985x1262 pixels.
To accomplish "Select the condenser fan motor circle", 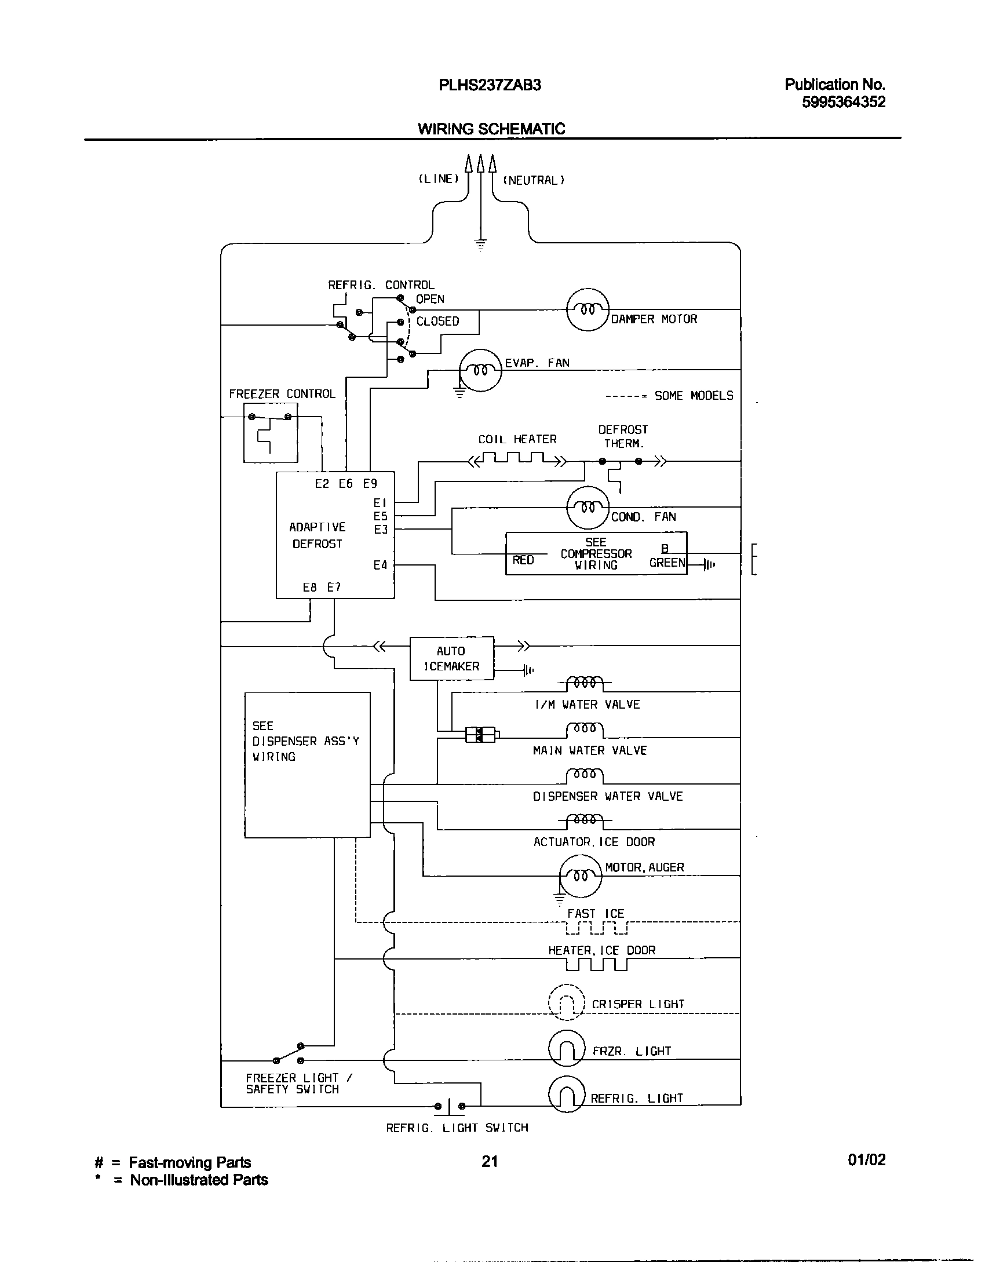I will coord(588,507).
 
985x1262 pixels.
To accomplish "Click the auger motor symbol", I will coord(581,876).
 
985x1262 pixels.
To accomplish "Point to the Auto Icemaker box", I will coord(451,658).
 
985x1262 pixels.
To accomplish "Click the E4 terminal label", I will coord(380,565).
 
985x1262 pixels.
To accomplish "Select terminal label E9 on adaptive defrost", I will coord(370,484).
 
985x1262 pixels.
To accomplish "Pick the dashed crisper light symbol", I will coord(567,1003).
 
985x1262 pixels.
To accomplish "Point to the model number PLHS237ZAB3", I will coord(490,86).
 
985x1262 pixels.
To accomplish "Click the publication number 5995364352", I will coord(843,103).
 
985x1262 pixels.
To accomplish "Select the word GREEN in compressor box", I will coord(667,563).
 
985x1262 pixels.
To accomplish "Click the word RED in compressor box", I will coord(523,560).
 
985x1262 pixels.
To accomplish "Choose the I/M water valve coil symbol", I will coord(584,683).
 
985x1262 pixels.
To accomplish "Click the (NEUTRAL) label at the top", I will coord(533,180).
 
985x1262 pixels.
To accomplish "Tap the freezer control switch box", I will coord(270,433).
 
